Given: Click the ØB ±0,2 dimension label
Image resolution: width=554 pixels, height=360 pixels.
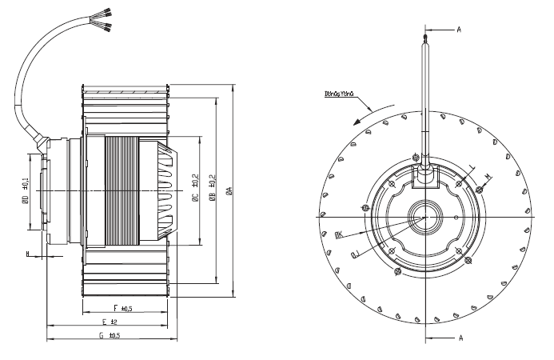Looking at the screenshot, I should [x=211, y=190].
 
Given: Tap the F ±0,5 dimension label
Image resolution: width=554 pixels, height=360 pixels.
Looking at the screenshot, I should [x=122, y=308].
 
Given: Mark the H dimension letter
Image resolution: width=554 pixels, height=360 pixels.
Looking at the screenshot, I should [x=28, y=255].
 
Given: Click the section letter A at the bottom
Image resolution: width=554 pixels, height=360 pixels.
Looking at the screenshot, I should [x=460, y=338].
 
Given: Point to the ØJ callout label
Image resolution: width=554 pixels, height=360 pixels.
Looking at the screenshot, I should [x=357, y=254].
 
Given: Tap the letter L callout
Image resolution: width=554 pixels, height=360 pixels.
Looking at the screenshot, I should [x=472, y=166].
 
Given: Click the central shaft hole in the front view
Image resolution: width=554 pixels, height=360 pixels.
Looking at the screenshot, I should [x=424, y=218].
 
